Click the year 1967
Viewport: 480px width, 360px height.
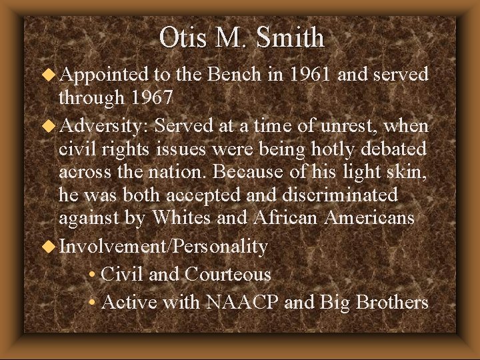click(151, 98)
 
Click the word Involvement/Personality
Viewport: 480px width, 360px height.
click(163, 247)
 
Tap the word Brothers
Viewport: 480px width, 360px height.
click(391, 302)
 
